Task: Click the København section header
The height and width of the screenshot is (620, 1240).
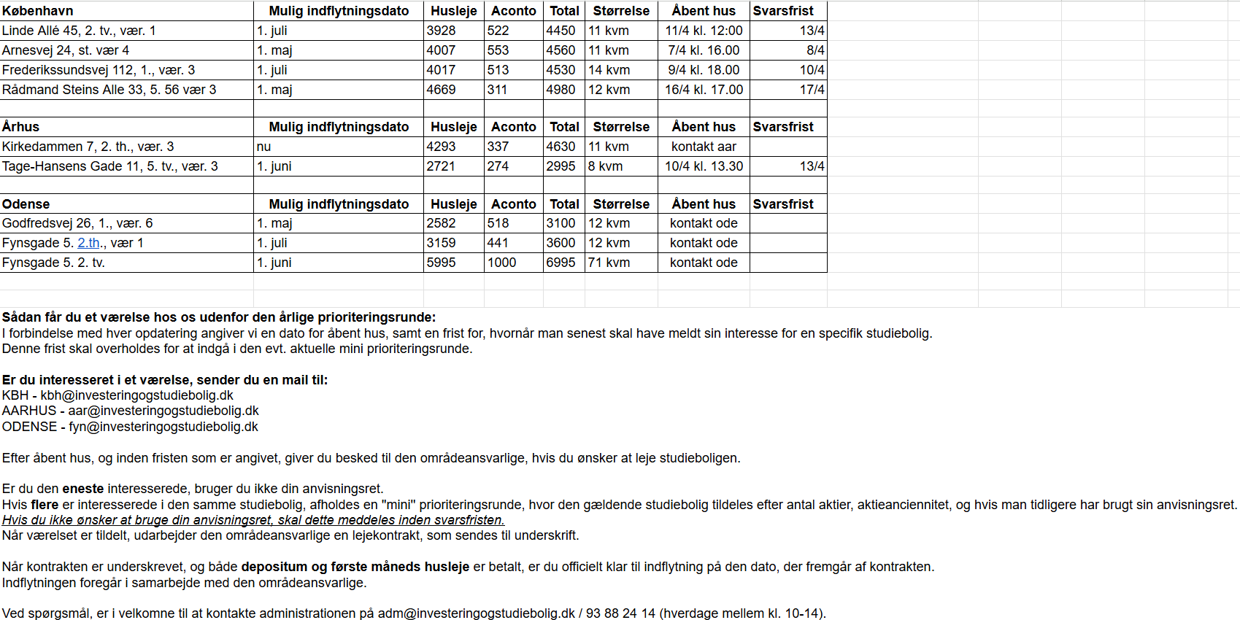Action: click(38, 11)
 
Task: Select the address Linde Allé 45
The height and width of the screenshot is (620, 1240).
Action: click(79, 31)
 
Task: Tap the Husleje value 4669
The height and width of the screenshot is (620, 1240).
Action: click(442, 90)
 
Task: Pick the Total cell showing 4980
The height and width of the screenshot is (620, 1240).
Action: click(561, 90)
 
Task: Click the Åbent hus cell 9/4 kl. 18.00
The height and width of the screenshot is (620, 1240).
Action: click(704, 70)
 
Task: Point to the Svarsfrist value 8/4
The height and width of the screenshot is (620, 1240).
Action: click(815, 50)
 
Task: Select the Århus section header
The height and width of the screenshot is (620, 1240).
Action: click(21, 127)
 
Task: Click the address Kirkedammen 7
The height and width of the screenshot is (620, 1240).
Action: click(88, 147)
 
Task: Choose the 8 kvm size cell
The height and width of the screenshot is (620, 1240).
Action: click(606, 166)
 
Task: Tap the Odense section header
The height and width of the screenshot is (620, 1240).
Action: click(26, 204)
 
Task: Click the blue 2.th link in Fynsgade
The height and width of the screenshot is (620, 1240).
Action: click(88, 243)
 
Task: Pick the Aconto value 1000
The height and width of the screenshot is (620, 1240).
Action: click(501, 263)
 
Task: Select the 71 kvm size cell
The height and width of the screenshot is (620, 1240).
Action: click(609, 263)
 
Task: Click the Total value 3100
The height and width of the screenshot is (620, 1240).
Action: click(561, 223)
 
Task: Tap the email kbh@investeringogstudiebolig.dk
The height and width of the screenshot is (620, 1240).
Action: click(136, 395)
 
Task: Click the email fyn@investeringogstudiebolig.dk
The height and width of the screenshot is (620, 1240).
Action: click(163, 427)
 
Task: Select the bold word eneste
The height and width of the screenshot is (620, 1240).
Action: click(83, 489)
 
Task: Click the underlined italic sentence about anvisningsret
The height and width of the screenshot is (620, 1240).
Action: click(253, 520)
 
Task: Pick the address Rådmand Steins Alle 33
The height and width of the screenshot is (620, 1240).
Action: click(109, 90)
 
